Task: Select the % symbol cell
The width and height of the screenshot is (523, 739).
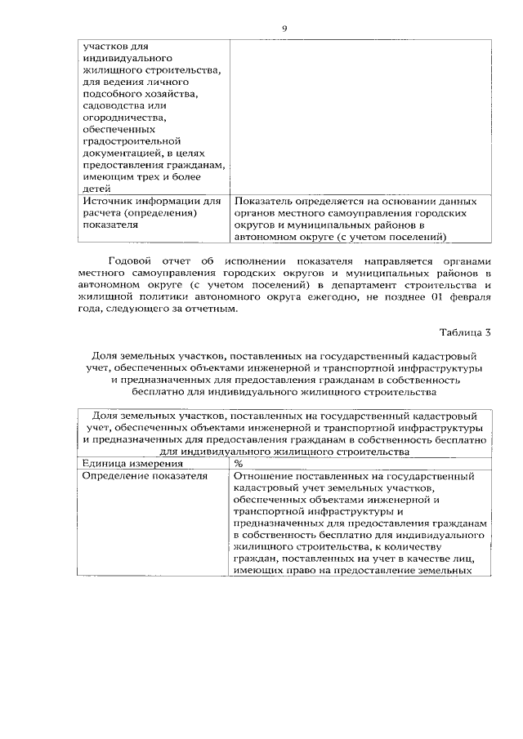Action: pyautogui.click(x=239, y=464)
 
